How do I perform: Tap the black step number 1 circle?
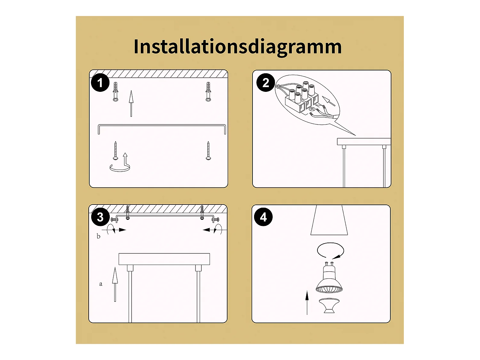(x=100, y=83)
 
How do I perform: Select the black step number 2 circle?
(x=266, y=83)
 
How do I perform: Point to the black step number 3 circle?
(x=100, y=217)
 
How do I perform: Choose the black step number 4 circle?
(x=263, y=217)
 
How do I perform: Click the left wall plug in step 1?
(x=116, y=92)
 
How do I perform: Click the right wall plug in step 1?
(x=208, y=92)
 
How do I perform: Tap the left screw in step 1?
(x=116, y=151)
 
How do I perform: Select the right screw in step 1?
(x=208, y=151)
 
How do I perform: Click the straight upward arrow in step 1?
(x=131, y=103)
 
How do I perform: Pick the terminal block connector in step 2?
(x=302, y=98)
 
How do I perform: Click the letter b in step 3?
(x=99, y=236)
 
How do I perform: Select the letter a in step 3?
(x=100, y=284)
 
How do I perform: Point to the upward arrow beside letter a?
(x=115, y=284)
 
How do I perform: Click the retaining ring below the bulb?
(x=329, y=305)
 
